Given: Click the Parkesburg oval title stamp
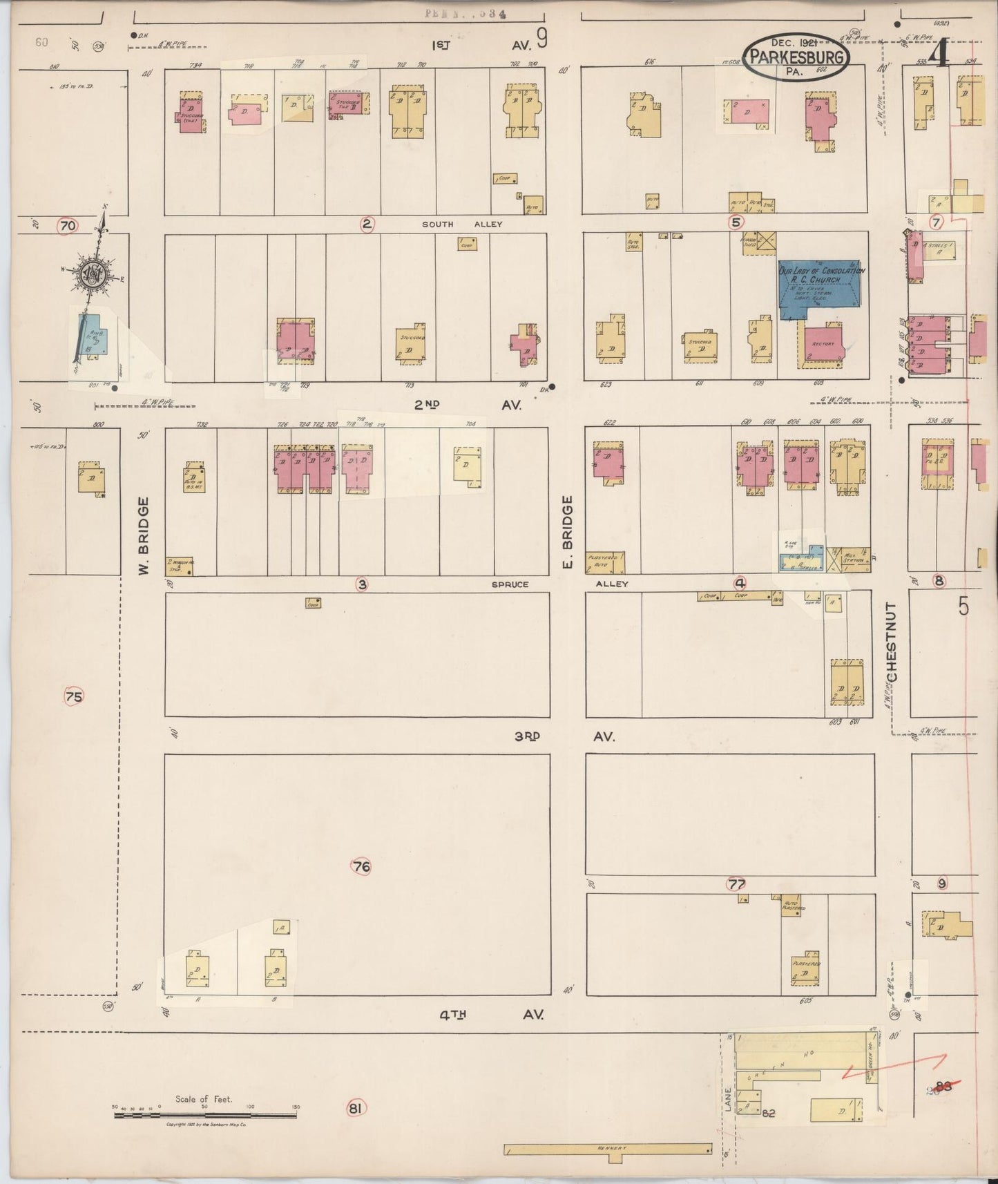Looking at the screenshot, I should tap(796, 57).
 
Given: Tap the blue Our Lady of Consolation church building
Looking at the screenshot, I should tap(821, 287).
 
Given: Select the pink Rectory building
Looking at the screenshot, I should tap(823, 343).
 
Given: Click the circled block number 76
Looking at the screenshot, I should tap(361, 866).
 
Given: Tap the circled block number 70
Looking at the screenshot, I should tap(67, 225).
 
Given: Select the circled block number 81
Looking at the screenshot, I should tap(355, 1109).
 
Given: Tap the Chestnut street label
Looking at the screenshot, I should tap(892, 643).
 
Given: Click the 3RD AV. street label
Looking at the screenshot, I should tap(563, 736).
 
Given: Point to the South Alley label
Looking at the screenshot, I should tap(462, 224).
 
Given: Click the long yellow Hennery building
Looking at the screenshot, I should tap(608, 1149).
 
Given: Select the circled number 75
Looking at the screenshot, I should tap(73, 697).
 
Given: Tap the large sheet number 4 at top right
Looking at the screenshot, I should tap(937, 53).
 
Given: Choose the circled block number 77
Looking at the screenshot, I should tap(737, 884).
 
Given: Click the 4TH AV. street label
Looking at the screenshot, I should tap(491, 1014).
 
